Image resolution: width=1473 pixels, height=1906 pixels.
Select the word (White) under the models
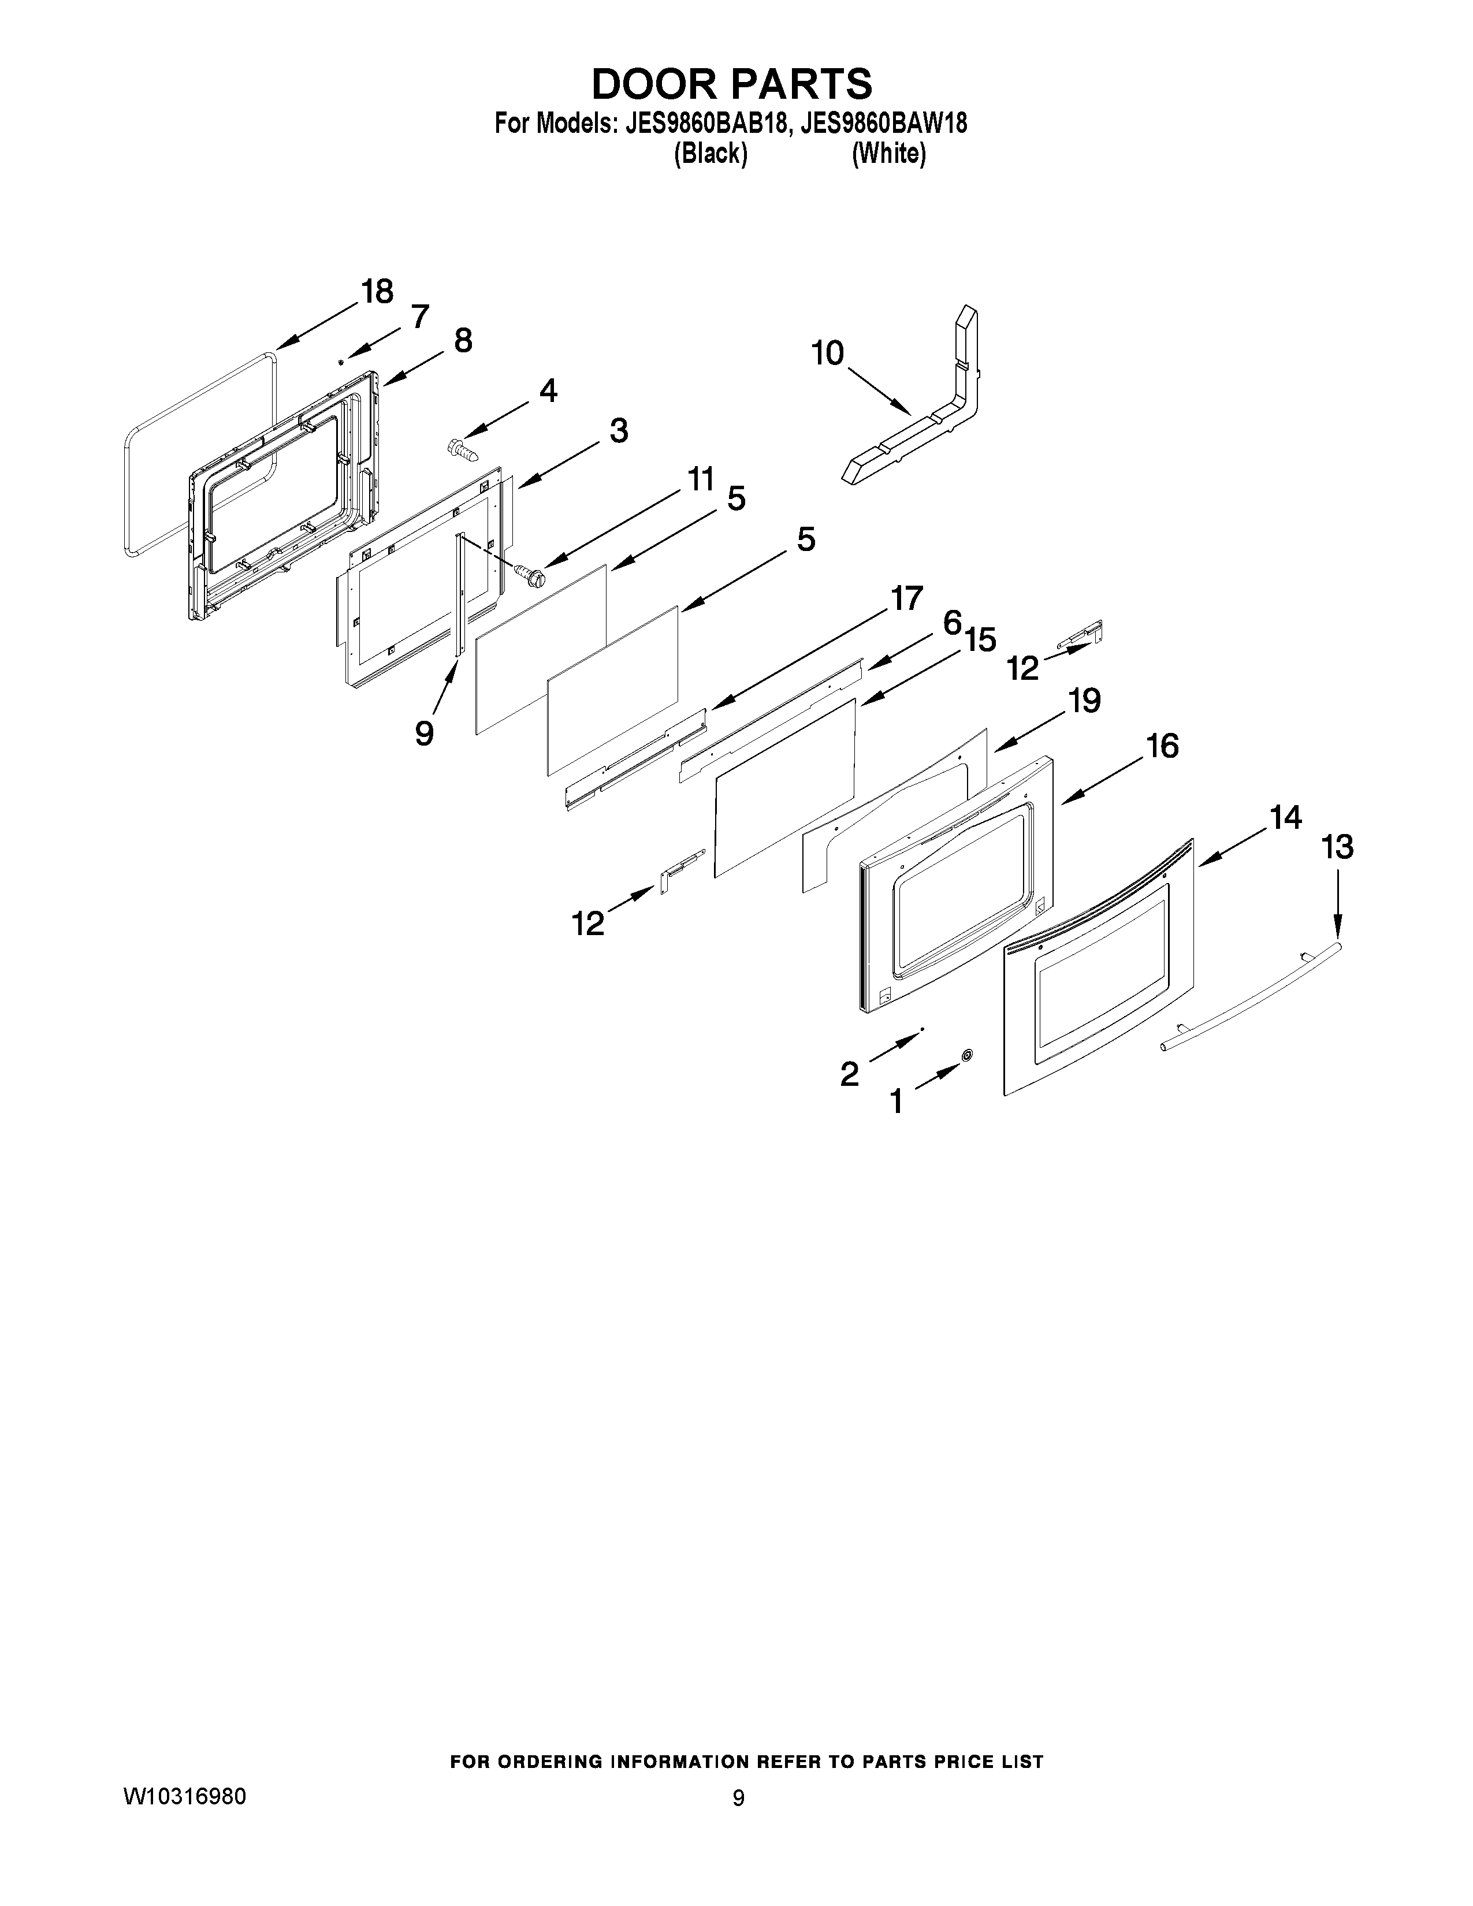[888, 154]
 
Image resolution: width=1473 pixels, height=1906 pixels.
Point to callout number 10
[827, 353]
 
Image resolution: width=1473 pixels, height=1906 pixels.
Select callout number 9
[424, 733]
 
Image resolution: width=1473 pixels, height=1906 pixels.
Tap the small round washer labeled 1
[966, 1056]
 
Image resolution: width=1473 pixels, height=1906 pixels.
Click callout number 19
[1085, 701]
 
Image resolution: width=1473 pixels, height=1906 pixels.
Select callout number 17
[906, 599]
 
